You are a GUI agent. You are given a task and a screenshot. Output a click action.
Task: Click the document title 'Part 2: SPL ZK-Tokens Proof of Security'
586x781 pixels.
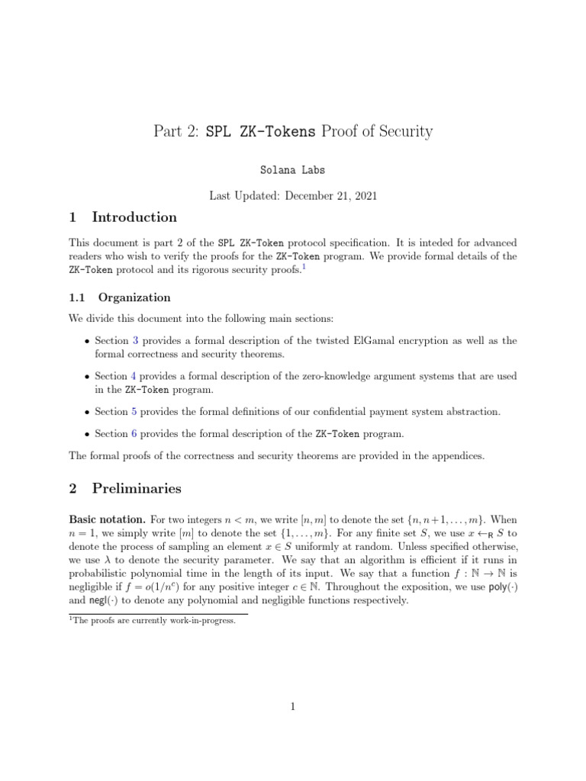point(293,131)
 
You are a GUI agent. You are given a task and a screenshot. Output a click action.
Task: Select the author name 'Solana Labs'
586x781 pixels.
point(293,169)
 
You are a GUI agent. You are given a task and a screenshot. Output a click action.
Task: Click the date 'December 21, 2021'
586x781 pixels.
point(330,196)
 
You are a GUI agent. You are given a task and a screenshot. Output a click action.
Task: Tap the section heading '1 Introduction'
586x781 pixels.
point(123,217)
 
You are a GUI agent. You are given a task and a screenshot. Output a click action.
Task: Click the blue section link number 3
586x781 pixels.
point(135,341)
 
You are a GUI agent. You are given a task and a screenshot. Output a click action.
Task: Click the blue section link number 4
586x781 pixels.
point(135,376)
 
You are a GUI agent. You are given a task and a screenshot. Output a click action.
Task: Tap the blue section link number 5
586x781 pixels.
point(135,411)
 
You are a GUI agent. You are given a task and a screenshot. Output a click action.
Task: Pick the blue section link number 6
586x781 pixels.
point(135,434)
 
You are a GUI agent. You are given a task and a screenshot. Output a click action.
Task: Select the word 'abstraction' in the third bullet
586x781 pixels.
point(469,411)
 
